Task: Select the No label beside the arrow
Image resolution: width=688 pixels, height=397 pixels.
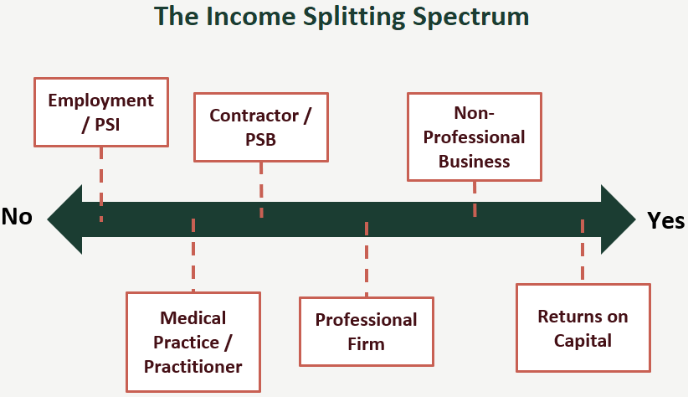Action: point(17,217)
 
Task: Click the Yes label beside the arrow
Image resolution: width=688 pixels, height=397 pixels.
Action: point(666,220)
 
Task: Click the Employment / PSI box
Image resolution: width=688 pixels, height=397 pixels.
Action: point(100,111)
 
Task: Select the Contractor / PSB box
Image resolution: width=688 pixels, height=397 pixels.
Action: point(260,126)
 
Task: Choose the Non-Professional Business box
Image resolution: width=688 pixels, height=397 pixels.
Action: point(475,137)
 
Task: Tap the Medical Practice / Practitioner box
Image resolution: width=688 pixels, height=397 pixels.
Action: point(193,342)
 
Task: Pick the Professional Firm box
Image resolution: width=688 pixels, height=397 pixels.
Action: point(366,332)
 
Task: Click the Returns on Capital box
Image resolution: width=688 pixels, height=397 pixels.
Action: point(583,327)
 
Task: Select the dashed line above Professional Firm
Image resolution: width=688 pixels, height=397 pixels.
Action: point(367,260)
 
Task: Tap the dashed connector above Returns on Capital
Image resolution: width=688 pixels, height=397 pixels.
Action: point(583,251)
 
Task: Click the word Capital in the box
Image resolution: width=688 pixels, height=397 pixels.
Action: point(583,340)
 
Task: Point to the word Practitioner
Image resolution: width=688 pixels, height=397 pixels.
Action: point(193,366)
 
